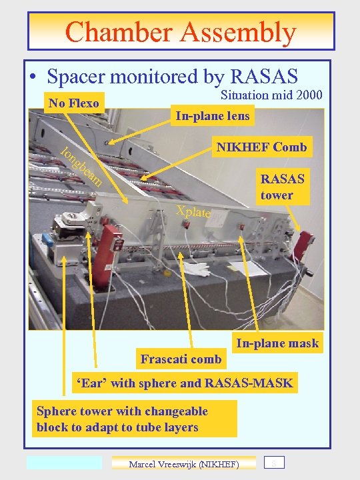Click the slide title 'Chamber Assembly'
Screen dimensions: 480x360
tap(181, 32)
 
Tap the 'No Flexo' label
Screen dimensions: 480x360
tap(73, 103)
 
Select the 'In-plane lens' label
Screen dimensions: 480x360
tap(212, 116)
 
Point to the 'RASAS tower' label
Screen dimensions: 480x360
tap(282, 187)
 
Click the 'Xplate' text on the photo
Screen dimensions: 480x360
tap(193, 213)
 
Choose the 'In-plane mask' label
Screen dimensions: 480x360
tap(277, 344)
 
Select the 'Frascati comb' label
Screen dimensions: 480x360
tap(181, 359)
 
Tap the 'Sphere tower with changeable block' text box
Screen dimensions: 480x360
tap(133, 419)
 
